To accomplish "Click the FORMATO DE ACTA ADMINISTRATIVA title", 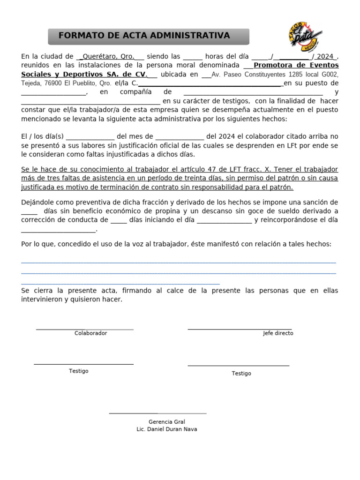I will pos(144,36).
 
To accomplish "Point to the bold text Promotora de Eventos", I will pos(296,65).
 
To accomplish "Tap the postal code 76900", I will pos(52,83).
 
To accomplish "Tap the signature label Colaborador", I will pos(90,333).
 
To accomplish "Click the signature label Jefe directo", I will pos(278,333).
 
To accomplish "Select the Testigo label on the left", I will pos(78,371).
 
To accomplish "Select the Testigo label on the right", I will pos(241,374).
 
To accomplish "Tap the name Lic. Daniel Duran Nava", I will pos(167,429).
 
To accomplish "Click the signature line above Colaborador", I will pos(85,329).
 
